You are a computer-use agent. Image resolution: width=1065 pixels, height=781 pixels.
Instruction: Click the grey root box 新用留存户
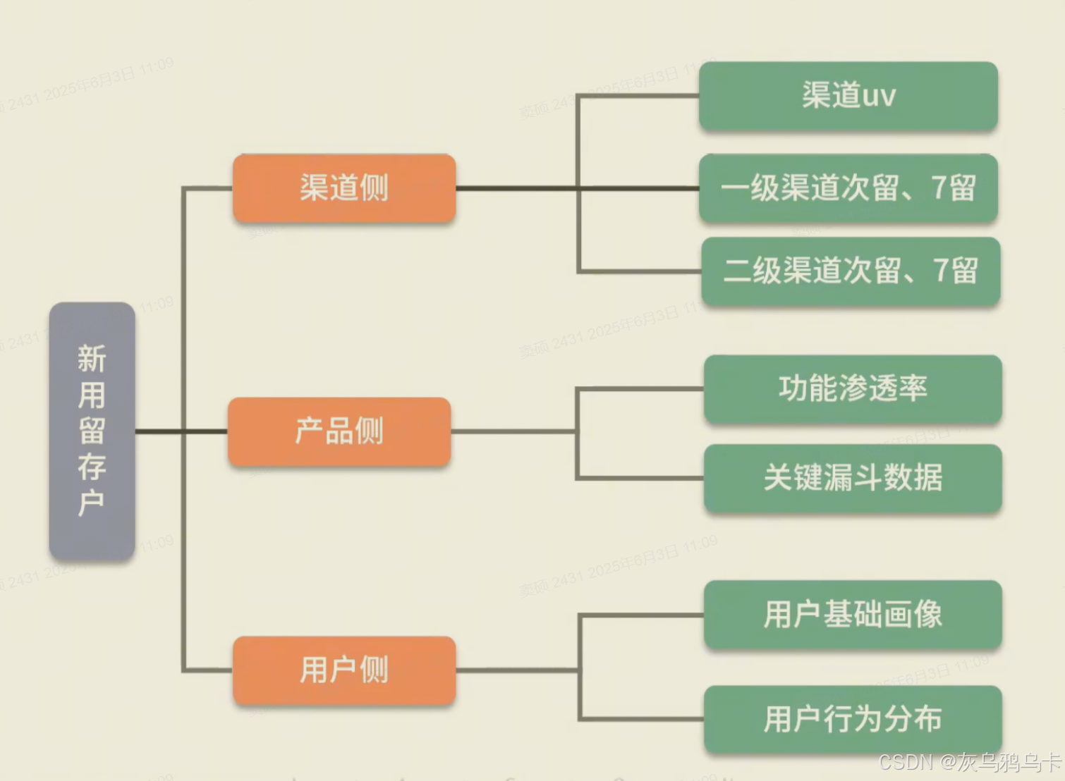pos(92,431)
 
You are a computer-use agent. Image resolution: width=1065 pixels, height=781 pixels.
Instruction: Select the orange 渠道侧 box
pos(344,188)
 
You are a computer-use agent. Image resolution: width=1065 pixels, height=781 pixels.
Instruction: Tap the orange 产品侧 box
pos(339,431)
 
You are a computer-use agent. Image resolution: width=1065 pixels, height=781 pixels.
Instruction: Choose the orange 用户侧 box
pos(344,670)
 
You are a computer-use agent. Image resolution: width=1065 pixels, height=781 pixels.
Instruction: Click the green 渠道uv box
pos(848,96)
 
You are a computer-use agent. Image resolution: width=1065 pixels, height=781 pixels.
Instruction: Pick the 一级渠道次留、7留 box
pos(848,188)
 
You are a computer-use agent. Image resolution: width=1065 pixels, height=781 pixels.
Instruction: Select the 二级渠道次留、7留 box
pos(851,271)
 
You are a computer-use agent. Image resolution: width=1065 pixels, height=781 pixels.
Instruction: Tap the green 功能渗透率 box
pos(853,388)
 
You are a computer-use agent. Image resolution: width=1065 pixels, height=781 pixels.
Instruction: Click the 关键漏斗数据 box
pos(853,478)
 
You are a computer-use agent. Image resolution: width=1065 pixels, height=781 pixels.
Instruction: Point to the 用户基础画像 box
pos(853,614)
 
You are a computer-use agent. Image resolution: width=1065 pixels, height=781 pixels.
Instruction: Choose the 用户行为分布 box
pos(853,719)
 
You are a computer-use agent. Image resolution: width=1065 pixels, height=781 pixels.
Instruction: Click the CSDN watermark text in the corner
pos(970,762)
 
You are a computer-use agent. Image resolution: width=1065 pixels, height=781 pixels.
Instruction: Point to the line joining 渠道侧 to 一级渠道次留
pos(515,188)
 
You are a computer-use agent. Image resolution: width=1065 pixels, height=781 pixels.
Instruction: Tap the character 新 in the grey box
pos(92,358)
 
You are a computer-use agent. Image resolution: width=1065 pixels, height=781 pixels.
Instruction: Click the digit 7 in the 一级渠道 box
pos(939,188)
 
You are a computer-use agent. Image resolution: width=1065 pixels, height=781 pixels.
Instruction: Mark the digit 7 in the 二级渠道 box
pos(941,271)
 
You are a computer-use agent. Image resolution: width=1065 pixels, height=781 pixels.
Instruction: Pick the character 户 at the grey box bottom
pos(92,503)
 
